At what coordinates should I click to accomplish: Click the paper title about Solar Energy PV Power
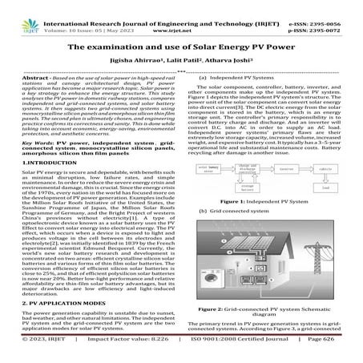click(181, 48)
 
